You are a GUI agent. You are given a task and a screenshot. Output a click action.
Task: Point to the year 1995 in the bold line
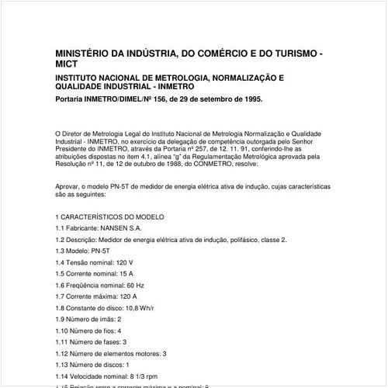[x=250, y=100]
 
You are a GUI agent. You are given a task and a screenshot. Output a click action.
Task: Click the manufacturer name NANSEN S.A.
[x=122, y=229]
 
